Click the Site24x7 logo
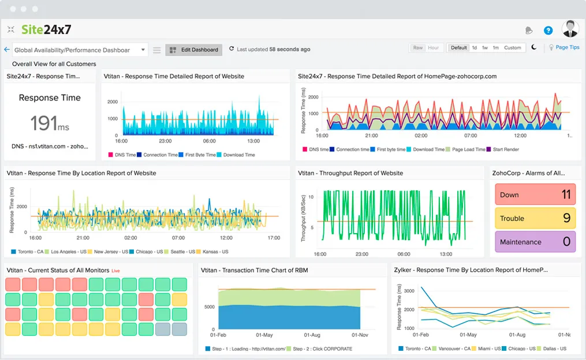(46, 29)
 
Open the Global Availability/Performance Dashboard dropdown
(80, 50)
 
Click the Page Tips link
(567, 48)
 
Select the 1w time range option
(485, 48)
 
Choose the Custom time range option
(512, 48)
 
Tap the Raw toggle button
(418, 48)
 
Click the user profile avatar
(570, 29)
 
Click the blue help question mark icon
(548, 31)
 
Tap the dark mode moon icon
(534, 48)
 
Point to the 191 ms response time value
(50, 123)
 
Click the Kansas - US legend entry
(215, 252)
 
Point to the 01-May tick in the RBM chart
(264, 335)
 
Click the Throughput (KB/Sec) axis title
(304, 214)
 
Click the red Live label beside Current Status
(115, 271)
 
